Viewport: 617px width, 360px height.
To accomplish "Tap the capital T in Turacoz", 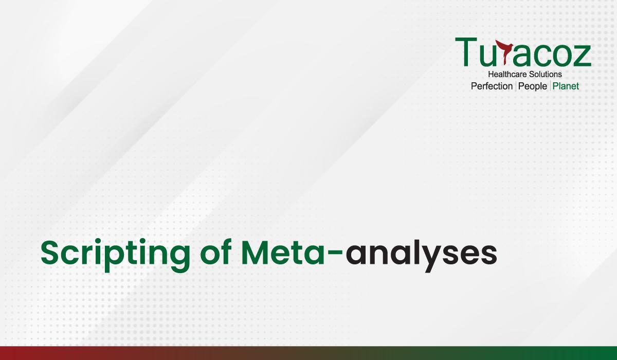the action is click(x=466, y=52).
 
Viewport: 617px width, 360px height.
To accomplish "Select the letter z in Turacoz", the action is click(x=582, y=56).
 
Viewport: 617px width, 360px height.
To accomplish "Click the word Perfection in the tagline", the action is click(x=492, y=86).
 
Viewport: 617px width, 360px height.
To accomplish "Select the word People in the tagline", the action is click(x=533, y=86).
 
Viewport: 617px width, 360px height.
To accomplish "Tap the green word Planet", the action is click(x=566, y=86).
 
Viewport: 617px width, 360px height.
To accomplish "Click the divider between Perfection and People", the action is click(x=516, y=86).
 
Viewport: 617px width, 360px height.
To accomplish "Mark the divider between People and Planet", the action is click(x=550, y=86).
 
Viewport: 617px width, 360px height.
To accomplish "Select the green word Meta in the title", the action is click(x=283, y=253).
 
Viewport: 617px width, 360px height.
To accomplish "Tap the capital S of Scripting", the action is click(x=51, y=253).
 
